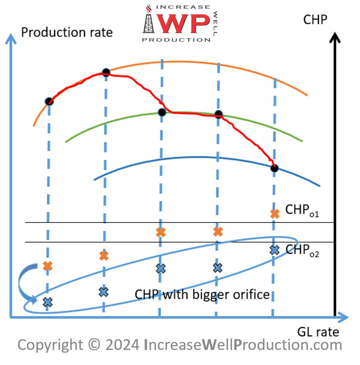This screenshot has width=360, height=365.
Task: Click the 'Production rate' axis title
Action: coord(67,32)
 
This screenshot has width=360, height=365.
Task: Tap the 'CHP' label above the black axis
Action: coord(315,20)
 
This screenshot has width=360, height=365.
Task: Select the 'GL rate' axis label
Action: coord(318,332)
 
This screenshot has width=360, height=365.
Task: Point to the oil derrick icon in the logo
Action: coord(149,21)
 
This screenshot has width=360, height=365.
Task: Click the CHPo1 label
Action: coord(302,210)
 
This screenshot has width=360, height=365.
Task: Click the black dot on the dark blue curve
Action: coord(274,168)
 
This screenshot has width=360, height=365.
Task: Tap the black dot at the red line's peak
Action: coord(106,73)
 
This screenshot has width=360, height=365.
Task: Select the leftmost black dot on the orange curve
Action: coord(49,101)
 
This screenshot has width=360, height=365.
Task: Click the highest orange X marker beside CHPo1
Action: coord(275,214)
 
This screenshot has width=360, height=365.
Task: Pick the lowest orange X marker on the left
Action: coord(48,266)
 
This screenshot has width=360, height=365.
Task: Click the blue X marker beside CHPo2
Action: coord(274,250)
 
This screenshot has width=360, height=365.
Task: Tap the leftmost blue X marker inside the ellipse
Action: coord(47,303)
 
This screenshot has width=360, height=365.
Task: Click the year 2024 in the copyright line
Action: coord(122,345)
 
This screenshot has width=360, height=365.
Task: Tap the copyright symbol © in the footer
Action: coord(94,345)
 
